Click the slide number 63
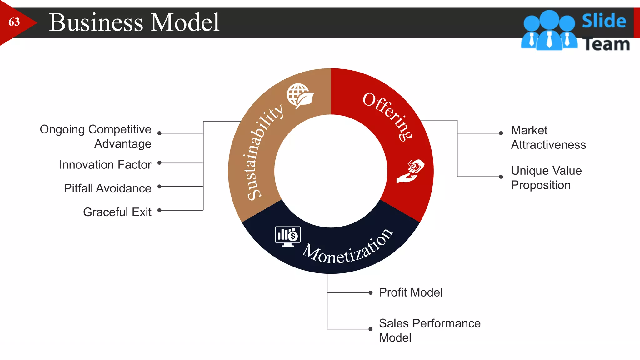(14, 22)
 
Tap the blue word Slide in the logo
(604, 21)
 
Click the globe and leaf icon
(300, 96)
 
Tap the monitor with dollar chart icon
(288, 236)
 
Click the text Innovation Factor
(105, 165)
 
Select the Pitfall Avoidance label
(107, 188)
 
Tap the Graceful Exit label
(117, 212)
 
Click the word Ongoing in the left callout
(62, 129)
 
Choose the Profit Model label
(411, 292)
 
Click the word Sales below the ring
(394, 323)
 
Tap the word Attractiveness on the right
(548, 145)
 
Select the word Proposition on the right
(541, 185)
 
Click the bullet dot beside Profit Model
(370, 293)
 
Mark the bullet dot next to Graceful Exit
(159, 210)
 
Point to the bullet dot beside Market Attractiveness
(501, 133)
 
